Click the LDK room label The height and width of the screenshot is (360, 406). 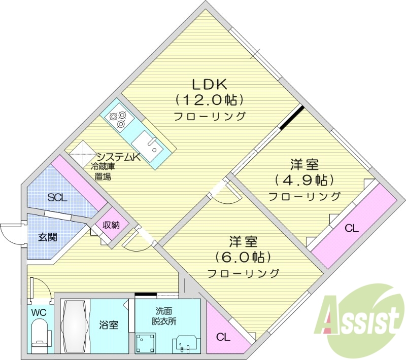[210, 83]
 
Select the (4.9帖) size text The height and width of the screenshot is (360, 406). [304, 180]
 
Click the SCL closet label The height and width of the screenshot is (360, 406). [57, 198]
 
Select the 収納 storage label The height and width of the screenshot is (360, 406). [111, 225]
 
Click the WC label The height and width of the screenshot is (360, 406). [39, 312]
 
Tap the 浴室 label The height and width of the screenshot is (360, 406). [110, 325]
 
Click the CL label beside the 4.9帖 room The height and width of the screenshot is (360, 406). [352, 229]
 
